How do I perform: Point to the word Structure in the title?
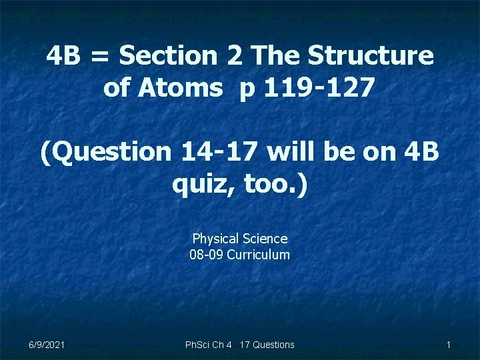click(x=373, y=56)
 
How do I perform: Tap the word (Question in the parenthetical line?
click(x=106, y=152)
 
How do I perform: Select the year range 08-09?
click(x=207, y=254)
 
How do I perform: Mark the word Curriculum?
click(x=258, y=254)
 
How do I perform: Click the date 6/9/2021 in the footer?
click(x=47, y=345)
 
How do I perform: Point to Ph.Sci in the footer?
click(x=198, y=345)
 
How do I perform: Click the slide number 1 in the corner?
click(x=449, y=345)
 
